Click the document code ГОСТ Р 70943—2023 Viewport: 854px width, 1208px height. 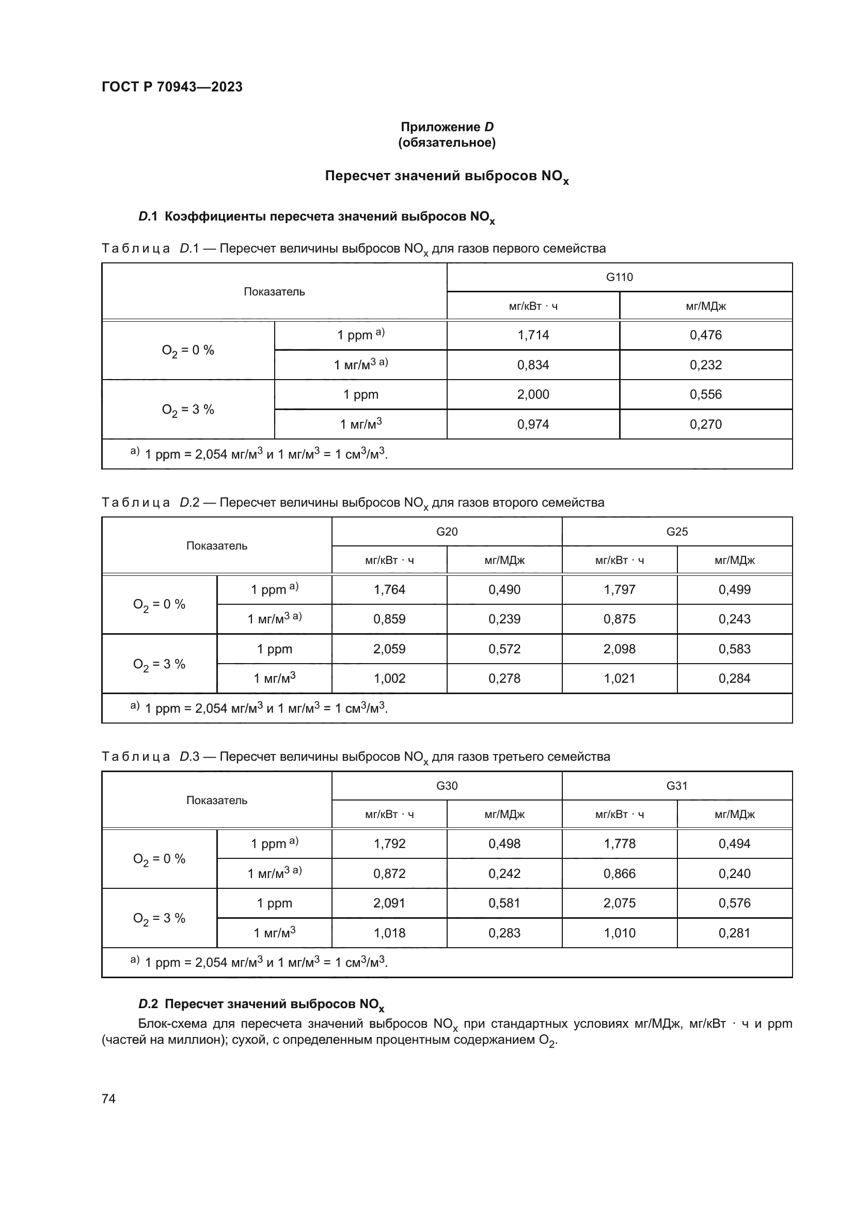pos(172,87)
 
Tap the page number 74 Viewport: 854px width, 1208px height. pos(108,1099)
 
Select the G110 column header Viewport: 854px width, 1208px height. pos(619,277)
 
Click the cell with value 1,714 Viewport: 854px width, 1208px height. pos(533,335)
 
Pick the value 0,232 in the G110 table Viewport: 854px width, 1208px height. pos(705,365)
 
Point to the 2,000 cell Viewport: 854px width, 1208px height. pos(533,395)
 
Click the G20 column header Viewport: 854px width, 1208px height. pos(447,531)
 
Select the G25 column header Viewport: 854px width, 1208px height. pos(677,531)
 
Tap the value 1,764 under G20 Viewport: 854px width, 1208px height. pos(389,589)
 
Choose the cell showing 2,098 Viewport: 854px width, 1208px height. pos(620,649)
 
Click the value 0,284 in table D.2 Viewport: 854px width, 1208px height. pos(734,678)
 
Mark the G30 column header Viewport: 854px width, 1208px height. pos(447,786)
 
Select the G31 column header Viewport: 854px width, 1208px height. pos(677,786)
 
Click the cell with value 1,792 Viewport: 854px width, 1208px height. pos(389,843)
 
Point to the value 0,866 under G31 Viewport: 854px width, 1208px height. pos(620,873)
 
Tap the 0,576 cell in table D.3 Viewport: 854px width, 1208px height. pos(734,903)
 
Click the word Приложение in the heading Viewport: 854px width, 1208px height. pos(440,127)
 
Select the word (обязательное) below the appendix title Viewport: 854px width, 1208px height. pos(447,143)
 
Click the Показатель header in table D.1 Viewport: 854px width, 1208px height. pos(274,291)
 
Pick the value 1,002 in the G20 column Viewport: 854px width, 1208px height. pos(389,678)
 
